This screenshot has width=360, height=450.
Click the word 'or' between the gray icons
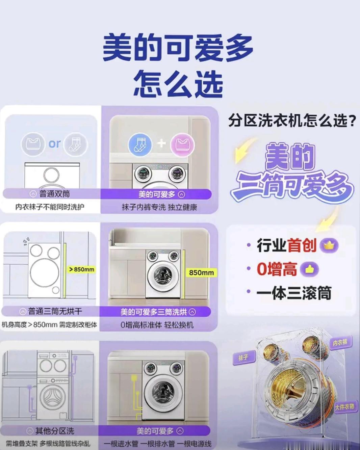click(x=54, y=144)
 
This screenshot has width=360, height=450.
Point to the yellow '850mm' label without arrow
click(x=201, y=272)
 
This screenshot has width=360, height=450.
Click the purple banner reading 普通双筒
click(x=52, y=194)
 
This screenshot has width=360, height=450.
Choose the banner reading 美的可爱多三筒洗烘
click(x=155, y=312)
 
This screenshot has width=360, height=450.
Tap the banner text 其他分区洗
click(x=55, y=431)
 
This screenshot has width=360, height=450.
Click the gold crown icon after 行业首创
click(x=329, y=245)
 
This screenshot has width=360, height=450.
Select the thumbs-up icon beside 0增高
click(x=309, y=269)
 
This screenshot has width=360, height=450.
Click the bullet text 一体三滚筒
click(x=294, y=293)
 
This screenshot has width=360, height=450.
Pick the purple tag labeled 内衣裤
click(x=341, y=342)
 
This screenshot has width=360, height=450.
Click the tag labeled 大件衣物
click(x=345, y=407)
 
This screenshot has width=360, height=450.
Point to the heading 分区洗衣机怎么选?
click(x=292, y=121)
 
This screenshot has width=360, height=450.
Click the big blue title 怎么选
click(x=178, y=84)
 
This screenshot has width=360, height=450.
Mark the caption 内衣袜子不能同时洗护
click(x=50, y=207)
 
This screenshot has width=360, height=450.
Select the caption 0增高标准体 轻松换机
click(x=157, y=325)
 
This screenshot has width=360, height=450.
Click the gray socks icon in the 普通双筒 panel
click(x=76, y=144)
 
